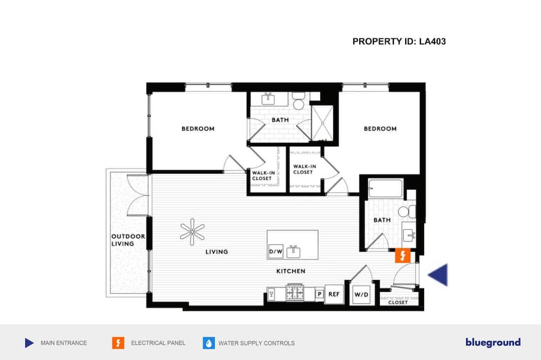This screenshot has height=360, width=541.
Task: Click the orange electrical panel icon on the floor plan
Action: click(x=403, y=256)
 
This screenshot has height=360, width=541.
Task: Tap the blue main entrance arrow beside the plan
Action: click(x=438, y=275)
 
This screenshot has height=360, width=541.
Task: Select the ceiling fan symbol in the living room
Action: click(x=192, y=232)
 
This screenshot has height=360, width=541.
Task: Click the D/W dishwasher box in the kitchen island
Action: click(x=276, y=252)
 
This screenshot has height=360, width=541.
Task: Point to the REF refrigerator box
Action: click(x=334, y=294)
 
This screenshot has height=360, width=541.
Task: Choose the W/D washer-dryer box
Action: click(x=361, y=295)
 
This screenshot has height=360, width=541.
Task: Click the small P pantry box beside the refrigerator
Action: click(x=320, y=294)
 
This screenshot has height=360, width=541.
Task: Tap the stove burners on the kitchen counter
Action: click(x=295, y=293)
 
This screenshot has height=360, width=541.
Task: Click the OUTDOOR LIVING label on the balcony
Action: click(x=128, y=240)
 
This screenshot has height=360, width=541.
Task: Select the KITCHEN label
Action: click(x=291, y=271)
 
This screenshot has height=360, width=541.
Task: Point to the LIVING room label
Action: click(x=217, y=252)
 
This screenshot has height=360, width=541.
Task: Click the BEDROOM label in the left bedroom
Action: click(x=198, y=129)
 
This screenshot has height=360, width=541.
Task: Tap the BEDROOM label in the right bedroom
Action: click(x=380, y=129)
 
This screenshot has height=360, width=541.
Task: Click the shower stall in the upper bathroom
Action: click(x=322, y=123)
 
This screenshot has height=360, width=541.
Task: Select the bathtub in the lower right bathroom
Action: click(x=385, y=188)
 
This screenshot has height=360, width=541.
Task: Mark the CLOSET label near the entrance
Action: click(x=398, y=302)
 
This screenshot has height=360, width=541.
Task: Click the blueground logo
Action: click(x=493, y=342)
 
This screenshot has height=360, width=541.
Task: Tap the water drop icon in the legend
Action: click(x=209, y=343)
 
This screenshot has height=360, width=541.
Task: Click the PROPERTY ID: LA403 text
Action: click(x=399, y=42)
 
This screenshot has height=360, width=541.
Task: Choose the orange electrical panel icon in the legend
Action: click(x=118, y=343)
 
